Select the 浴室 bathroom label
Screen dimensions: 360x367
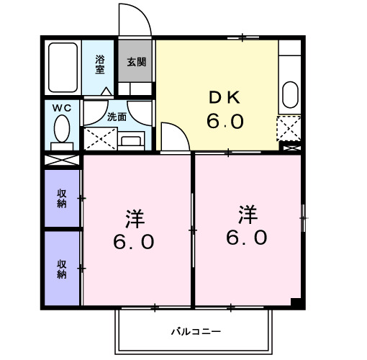pos(99,65)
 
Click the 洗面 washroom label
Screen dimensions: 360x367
pos(117,116)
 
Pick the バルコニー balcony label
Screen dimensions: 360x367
pos(195,331)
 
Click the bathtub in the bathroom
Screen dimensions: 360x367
pos(63,68)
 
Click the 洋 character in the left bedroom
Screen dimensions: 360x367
pos(134,216)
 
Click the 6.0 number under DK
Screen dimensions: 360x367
pos(225,122)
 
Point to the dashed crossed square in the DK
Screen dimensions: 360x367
pos(288,127)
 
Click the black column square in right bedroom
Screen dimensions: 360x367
pos(296,302)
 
